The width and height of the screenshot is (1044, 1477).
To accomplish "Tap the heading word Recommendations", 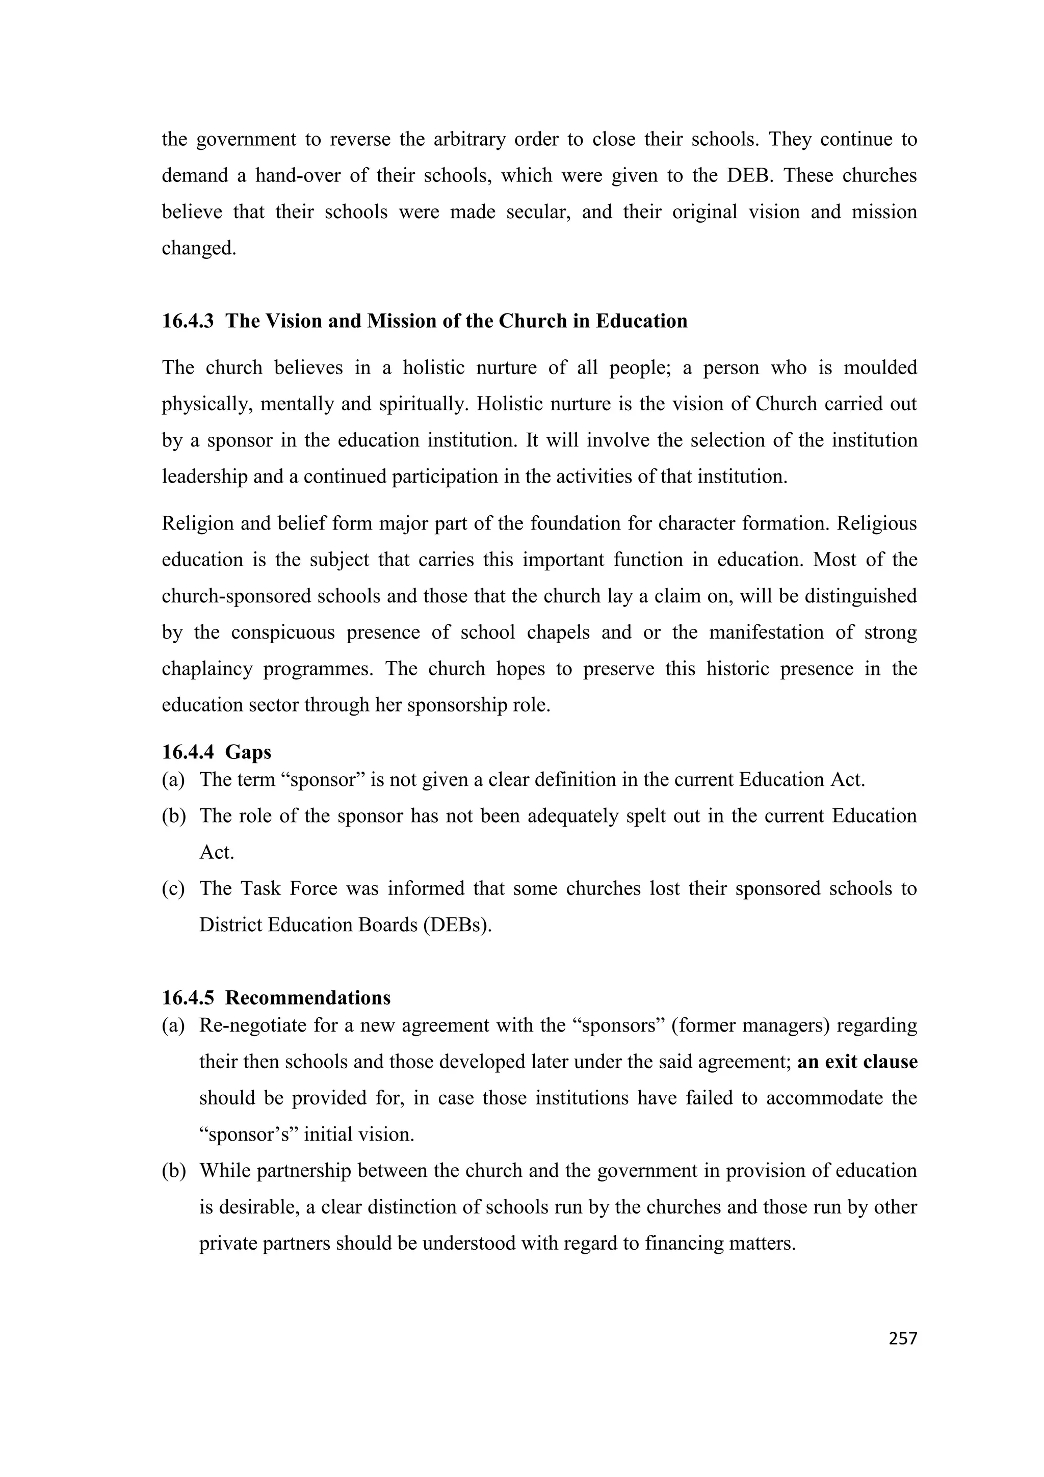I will point(307,998).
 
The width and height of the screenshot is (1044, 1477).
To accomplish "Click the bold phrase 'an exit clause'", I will point(857,1062).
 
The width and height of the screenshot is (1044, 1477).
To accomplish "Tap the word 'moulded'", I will point(880,368).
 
